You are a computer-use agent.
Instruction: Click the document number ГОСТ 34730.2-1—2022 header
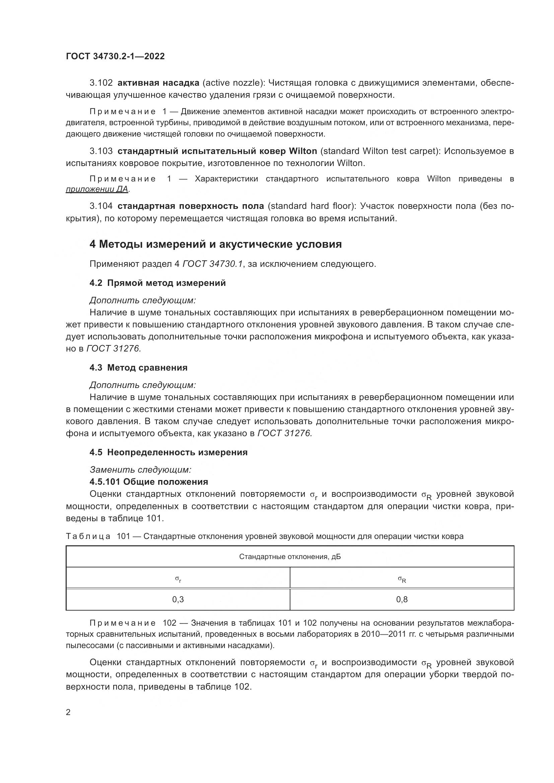tap(115, 57)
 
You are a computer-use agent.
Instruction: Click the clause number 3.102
tap(101, 83)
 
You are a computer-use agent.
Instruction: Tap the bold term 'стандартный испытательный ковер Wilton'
tap(217, 151)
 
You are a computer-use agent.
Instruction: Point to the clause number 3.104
tap(101, 206)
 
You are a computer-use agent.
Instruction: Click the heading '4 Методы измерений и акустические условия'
tap(215, 244)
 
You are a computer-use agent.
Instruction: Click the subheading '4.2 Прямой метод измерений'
tap(157, 283)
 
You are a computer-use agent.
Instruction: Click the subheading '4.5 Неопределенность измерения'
tap(168, 452)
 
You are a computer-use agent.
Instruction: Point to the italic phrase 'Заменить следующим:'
tap(140, 470)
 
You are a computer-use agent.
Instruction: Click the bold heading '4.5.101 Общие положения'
tap(149, 482)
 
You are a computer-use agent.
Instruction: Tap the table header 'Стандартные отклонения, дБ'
tap(290, 557)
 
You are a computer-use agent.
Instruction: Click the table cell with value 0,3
tap(178, 599)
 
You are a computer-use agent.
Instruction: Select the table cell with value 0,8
tap(402, 599)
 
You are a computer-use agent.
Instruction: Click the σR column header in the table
tap(402, 579)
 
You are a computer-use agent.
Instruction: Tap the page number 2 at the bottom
tap(68, 712)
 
